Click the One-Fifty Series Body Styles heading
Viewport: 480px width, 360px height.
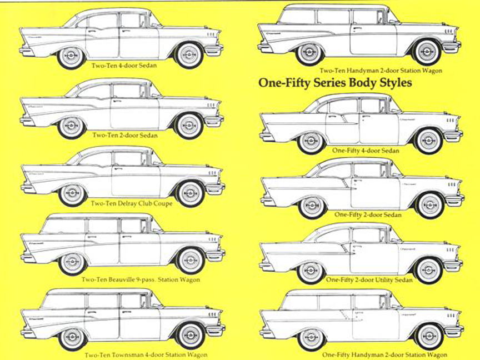(x=335, y=83)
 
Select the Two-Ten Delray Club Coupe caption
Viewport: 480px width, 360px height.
(x=132, y=203)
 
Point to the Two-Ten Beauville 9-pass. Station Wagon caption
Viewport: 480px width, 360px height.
(x=141, y=279)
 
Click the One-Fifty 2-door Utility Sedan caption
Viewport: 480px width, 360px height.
(x=369, y=280)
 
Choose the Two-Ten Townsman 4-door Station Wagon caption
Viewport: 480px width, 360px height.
(x=146, y=354)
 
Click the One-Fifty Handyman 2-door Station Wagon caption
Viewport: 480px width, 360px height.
(x=384, y=354)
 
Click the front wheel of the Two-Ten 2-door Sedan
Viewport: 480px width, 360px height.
(x=189, y=126)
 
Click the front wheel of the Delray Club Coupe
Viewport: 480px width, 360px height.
(x=190, y=193)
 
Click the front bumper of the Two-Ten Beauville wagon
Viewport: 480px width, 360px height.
(x=215, y=255)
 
